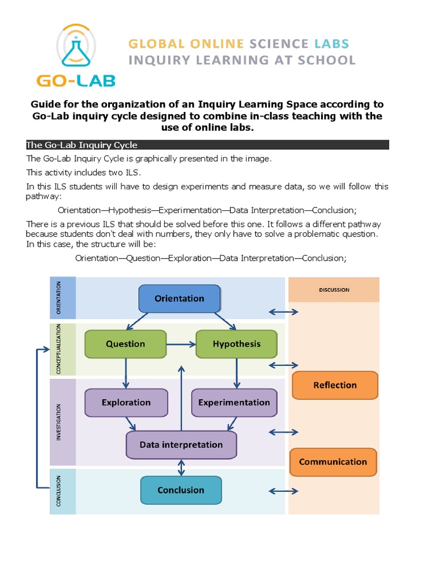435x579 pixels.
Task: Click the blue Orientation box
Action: (x=180, y=299)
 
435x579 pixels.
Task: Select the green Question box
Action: (x=125, y=344)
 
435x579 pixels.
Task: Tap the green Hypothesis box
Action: (x=236, y=344)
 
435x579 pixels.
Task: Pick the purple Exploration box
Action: (x=126, y=403)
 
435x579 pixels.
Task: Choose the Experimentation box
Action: (x=234, y=403)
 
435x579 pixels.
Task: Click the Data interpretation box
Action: (x=181, y=445)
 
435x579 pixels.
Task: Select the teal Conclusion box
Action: (x=181, y=490)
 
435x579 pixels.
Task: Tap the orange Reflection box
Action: (x=335, y=385)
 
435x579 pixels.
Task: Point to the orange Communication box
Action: (x=333, y=462)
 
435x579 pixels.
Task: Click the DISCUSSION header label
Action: (x=334, y=289)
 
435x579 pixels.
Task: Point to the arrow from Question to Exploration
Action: (x=126, y=373)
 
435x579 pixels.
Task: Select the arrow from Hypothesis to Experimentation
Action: (x=236, y=373)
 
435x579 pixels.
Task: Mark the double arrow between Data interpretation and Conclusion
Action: (x=181, y=468)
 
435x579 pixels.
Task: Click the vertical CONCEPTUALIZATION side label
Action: (x=59, y=349)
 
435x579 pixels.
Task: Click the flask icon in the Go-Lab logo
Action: (x=76, y=48)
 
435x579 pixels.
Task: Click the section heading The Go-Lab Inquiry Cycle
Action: (x=82, y=145)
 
